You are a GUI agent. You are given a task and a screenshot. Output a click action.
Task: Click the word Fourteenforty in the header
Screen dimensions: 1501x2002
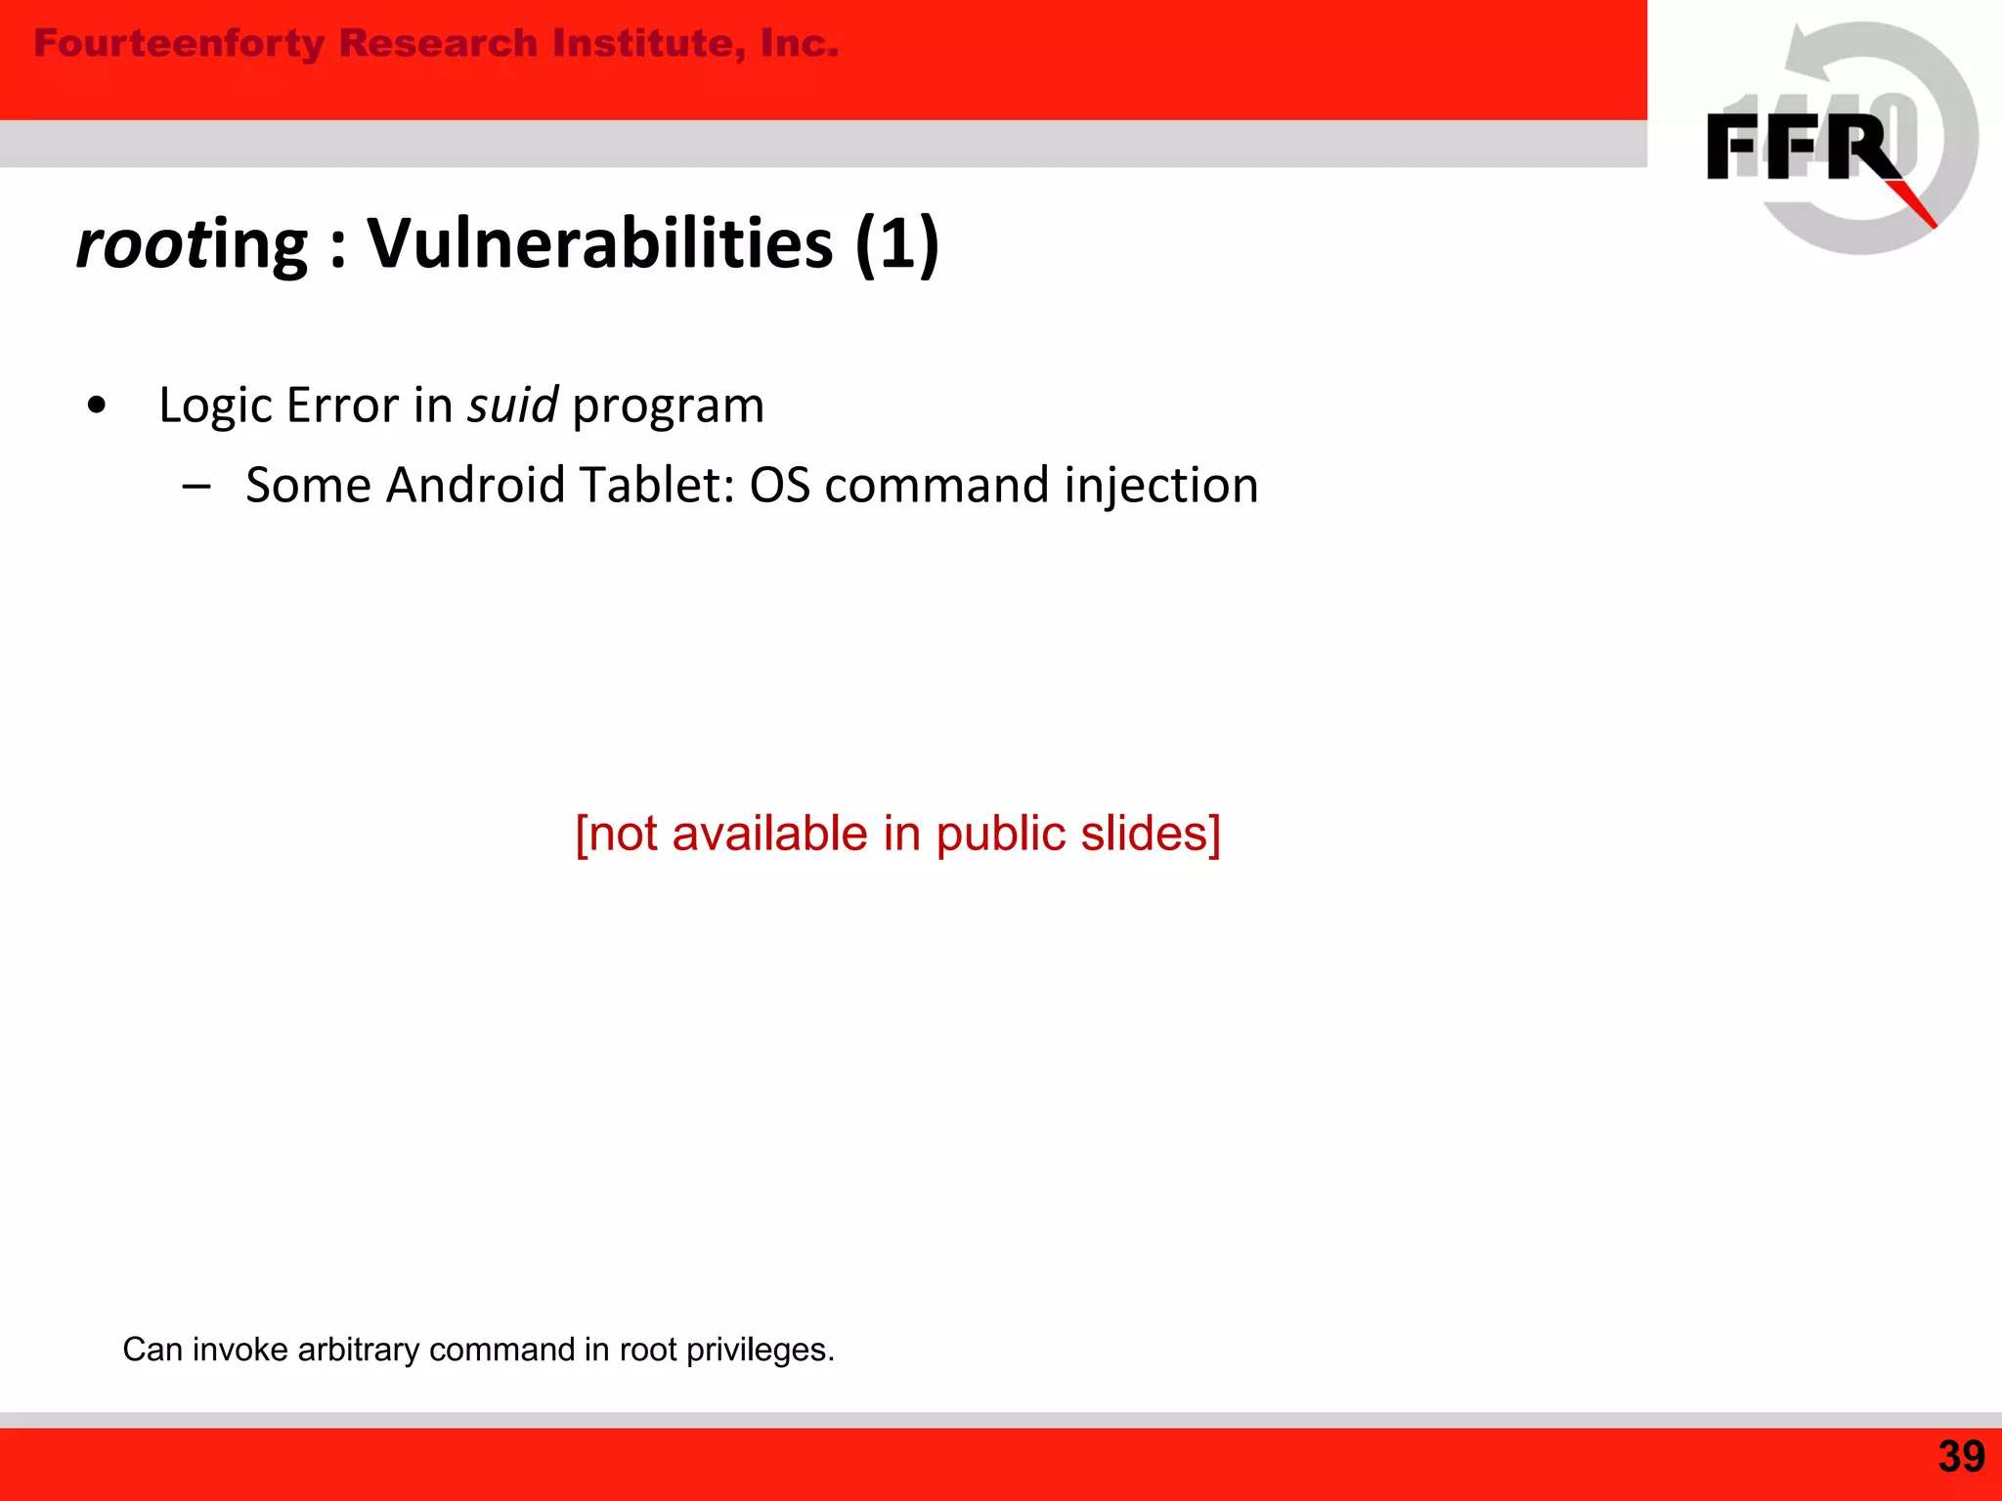point(179,44)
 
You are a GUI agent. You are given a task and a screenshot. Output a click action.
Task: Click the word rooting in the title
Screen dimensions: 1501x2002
point(192,243)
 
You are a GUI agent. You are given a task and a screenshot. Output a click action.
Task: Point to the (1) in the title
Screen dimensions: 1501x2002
point(896,243)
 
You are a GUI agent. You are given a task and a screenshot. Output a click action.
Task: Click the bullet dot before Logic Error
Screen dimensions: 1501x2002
point(96,405)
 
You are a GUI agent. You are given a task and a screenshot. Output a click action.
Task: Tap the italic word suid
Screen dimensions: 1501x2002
point(512,405)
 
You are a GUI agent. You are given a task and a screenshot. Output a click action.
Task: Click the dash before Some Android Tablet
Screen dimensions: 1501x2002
point(196,486)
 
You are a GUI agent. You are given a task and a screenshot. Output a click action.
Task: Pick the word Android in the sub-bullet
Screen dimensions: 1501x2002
point(475,485)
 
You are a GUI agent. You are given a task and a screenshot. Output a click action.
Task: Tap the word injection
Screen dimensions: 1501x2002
point(1161,487)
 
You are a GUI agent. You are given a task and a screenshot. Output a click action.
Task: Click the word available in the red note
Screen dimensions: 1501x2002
point(769,834)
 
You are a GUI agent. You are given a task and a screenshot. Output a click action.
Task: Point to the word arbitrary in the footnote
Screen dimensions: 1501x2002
point(358,1350)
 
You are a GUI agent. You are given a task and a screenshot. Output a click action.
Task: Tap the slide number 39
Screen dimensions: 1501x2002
point(1961,1457)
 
